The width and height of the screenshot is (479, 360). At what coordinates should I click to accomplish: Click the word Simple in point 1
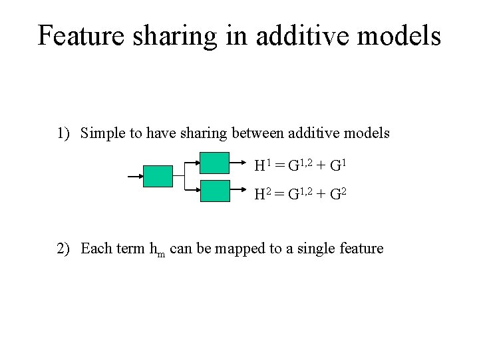click(x=101, y=133)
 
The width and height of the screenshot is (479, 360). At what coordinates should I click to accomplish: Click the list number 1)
click(x=64, y=133)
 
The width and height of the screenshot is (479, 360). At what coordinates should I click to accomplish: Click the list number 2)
click(x=64, y=249)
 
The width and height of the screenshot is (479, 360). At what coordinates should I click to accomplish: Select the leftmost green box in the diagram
click(x=158, y=176)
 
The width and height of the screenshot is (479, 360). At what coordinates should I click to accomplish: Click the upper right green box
click(x=214, y=163)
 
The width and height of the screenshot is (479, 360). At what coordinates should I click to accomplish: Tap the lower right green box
click(x=214, y=191)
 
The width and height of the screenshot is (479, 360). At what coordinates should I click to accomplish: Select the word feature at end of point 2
click(x=362, y=249)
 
